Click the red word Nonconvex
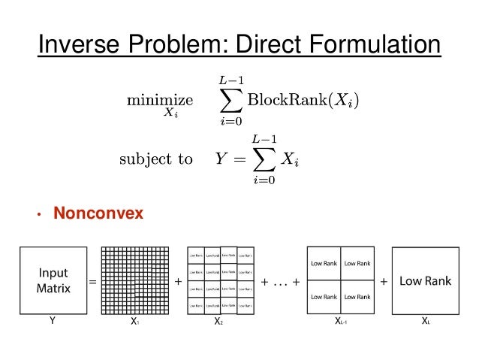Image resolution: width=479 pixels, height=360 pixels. pos(98,214)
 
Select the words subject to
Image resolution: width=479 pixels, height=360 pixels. pos(155,159)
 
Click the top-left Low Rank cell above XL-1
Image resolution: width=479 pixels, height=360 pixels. pos(324,263)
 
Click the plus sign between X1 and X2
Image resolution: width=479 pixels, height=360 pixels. pos(177,282)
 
